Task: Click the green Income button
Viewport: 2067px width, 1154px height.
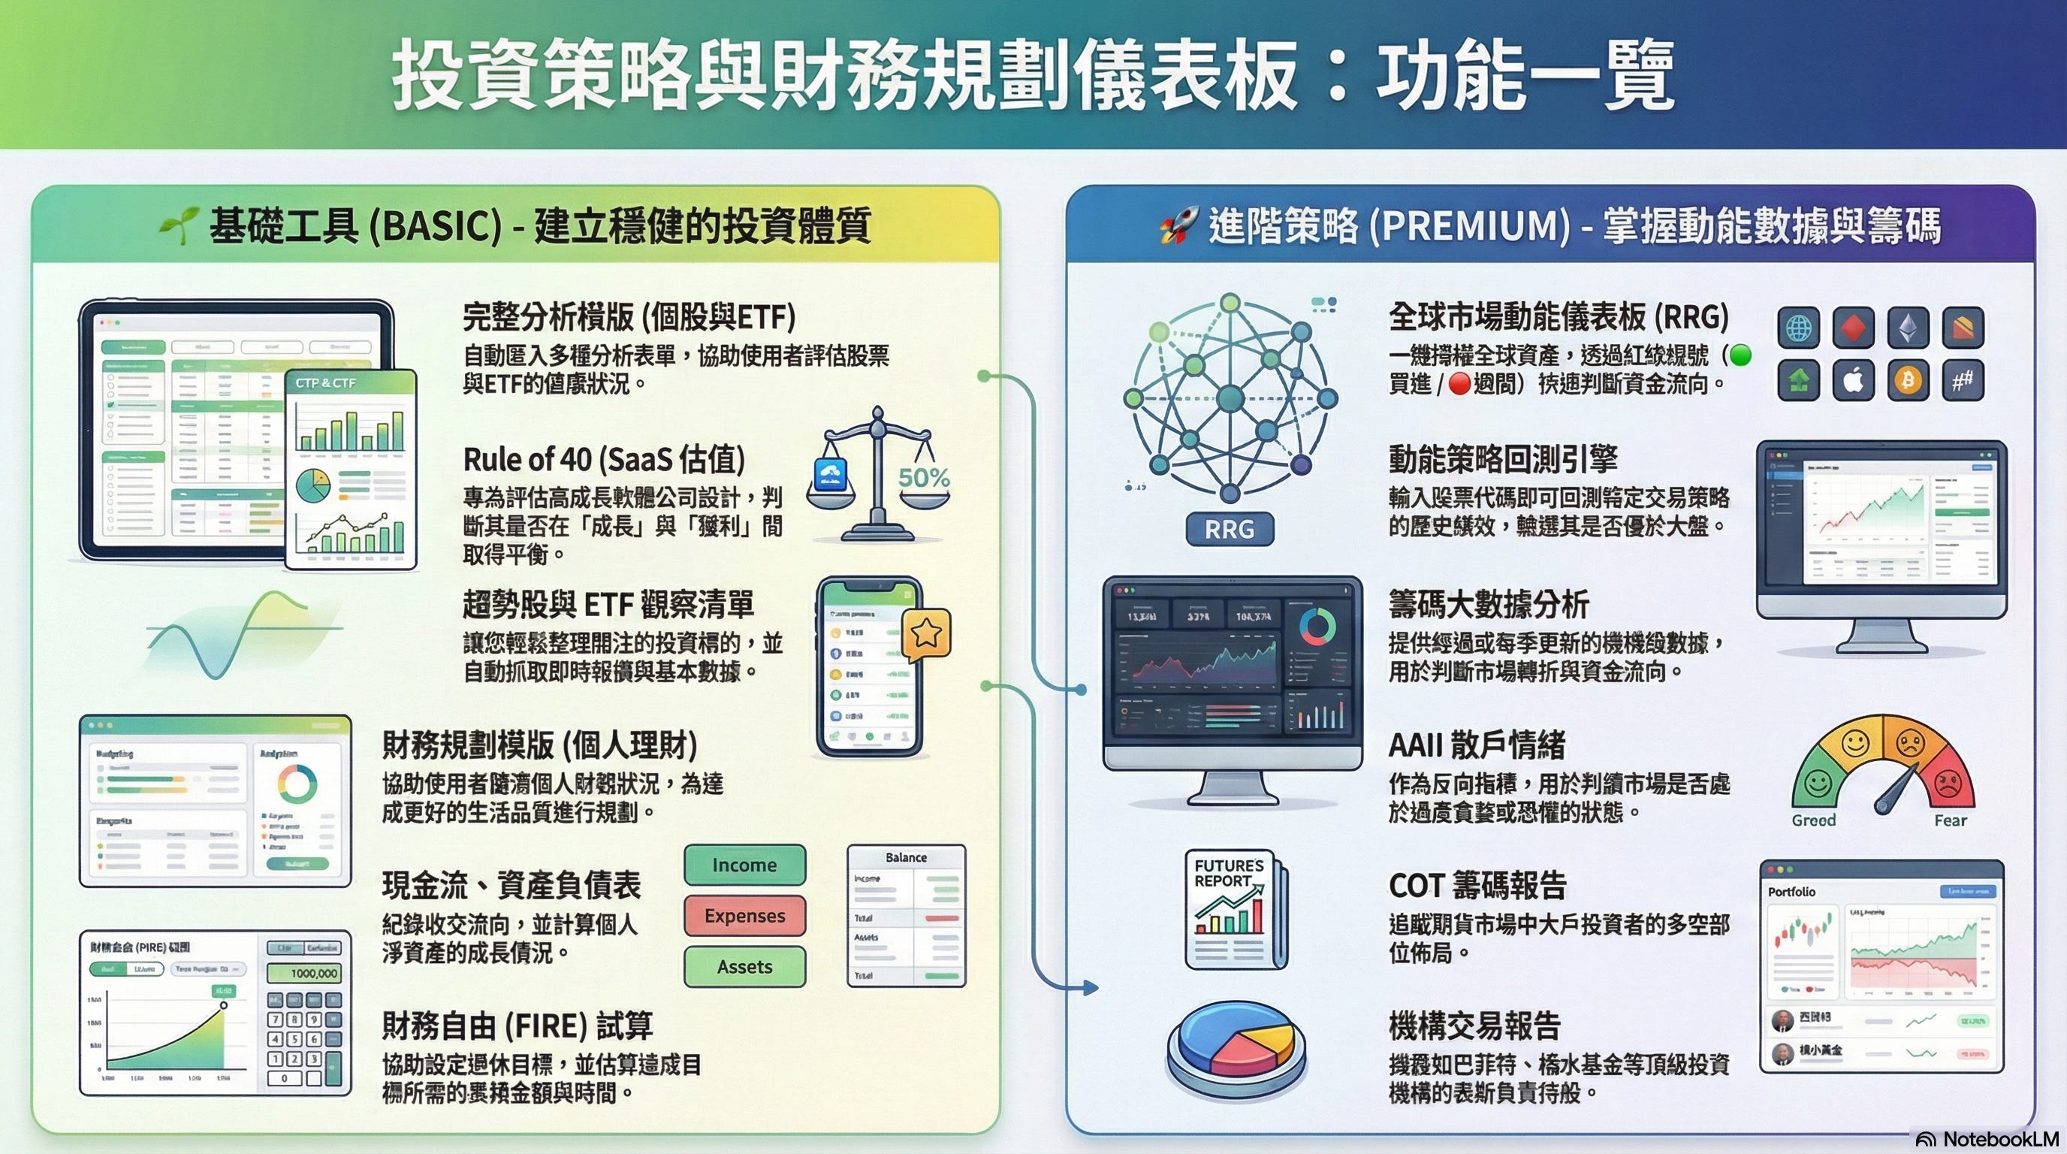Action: click(744, 864)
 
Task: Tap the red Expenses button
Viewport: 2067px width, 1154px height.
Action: click(744, 916)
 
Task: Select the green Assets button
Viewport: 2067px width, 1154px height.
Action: click(744, 967)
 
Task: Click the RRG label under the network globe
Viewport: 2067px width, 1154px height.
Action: click(1230, 530)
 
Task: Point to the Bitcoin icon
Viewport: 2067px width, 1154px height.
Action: click(1908, 380)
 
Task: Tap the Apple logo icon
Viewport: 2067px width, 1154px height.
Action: click(1854, 380)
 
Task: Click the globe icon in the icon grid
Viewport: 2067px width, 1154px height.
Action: click(1798, 328)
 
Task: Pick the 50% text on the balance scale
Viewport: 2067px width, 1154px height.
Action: click(924, 478)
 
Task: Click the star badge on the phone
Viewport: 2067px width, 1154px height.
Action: click(927, 634)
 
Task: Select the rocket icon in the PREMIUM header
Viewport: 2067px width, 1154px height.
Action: click(1178, 225)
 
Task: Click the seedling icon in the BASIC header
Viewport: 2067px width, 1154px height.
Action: click(178, 225)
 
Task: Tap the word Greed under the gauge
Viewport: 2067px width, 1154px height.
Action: click(1813, 820)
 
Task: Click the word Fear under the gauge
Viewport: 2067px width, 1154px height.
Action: click(1950, 820)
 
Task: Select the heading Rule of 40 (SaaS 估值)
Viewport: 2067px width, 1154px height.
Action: click(604, 460)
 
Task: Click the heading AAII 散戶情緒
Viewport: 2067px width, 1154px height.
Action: click(1477, 745)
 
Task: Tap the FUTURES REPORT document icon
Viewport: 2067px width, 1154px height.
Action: click(1233, 909)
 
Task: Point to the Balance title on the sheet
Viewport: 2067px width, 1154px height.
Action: click(906, 857)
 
